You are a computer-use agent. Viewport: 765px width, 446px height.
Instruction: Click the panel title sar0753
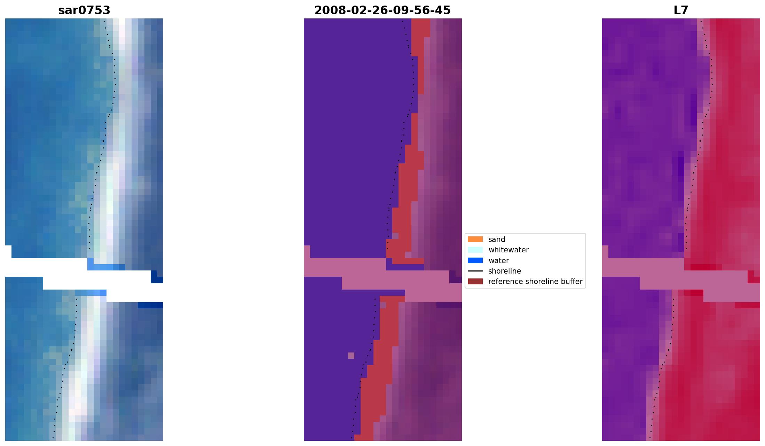point(84,10)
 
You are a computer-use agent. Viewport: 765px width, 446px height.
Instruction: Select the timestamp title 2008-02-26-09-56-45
point(382,10)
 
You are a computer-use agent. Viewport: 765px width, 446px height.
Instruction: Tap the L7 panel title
point(681,10)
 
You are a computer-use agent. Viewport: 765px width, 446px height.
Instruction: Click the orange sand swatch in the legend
point(475,239)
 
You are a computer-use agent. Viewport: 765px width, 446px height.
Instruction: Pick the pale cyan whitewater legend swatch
point(475,250)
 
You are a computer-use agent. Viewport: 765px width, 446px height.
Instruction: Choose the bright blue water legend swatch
point(475,260)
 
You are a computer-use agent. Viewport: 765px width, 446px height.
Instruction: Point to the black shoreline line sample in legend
point(475,271)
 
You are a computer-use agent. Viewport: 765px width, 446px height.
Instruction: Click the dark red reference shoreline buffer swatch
point(475,281)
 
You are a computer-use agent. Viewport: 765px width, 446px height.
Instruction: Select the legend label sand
point(497,240)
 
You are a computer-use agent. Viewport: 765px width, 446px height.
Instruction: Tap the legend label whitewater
point(508,250)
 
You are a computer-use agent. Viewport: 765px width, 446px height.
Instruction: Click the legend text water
point(498,261)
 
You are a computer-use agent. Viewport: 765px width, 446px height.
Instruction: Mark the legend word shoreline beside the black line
point(504,271)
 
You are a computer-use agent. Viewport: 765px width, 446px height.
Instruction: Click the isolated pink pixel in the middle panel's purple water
point(351,356)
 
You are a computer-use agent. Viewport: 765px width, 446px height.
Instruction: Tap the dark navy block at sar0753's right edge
point(157,277)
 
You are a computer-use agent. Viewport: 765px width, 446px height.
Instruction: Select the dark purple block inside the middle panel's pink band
point(455,277)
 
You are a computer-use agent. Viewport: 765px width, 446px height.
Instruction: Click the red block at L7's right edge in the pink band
point(754,277)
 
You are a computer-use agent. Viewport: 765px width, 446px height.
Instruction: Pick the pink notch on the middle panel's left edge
point(307,251)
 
